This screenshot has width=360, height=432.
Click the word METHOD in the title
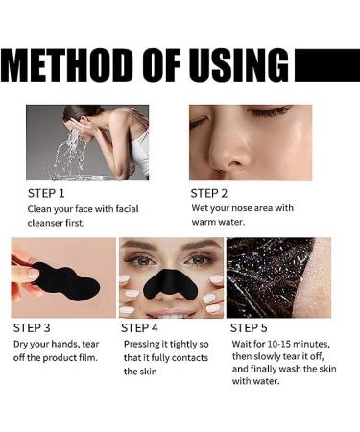[x=70, y=65]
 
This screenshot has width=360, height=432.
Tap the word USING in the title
[x=237, y=65]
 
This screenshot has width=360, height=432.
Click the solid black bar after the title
[x=327, y=65]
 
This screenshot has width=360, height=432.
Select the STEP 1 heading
[x=46, y=194]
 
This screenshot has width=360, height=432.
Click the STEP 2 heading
[x=209, y=194]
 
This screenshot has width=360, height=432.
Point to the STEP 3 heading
[x=32, y=328]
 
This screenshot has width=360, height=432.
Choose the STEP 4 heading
[x=139, y=328]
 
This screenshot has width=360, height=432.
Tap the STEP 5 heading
[x=249, y=328]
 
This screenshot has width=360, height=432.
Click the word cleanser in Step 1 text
[x=45, y=223]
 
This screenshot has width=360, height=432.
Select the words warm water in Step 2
[x=218, y=222]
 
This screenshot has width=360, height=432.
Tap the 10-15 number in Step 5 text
[x=279, y=345]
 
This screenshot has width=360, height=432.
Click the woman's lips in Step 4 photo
[x=171, y=312]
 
